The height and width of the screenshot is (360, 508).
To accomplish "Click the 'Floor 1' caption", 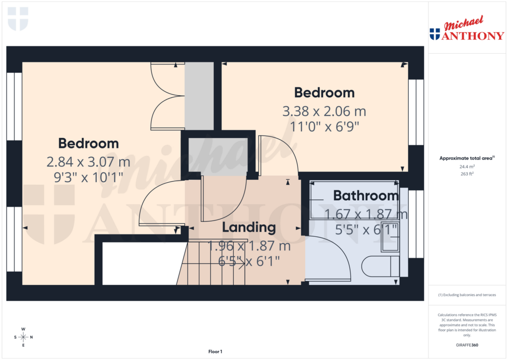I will (215, 352).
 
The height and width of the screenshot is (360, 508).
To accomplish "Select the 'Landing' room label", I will (249, 227).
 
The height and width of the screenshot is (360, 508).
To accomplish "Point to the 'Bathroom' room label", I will (366, 196).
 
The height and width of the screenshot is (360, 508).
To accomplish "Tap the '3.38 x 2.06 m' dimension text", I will (324, 111).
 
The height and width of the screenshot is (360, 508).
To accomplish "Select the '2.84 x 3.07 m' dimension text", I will (88, 162).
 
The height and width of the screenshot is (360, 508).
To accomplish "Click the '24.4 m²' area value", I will (466, 167).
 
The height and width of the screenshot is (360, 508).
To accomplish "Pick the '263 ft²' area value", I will (466, 174).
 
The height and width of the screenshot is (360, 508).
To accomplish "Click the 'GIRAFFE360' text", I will (466, 345).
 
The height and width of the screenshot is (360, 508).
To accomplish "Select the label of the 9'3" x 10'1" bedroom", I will (88, 144).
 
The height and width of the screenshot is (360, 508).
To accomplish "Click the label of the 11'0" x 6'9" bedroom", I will (324, 93).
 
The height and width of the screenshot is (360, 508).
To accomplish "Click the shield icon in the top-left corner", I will (18, 19).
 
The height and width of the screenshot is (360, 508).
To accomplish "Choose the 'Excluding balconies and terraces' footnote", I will (466, 295).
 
